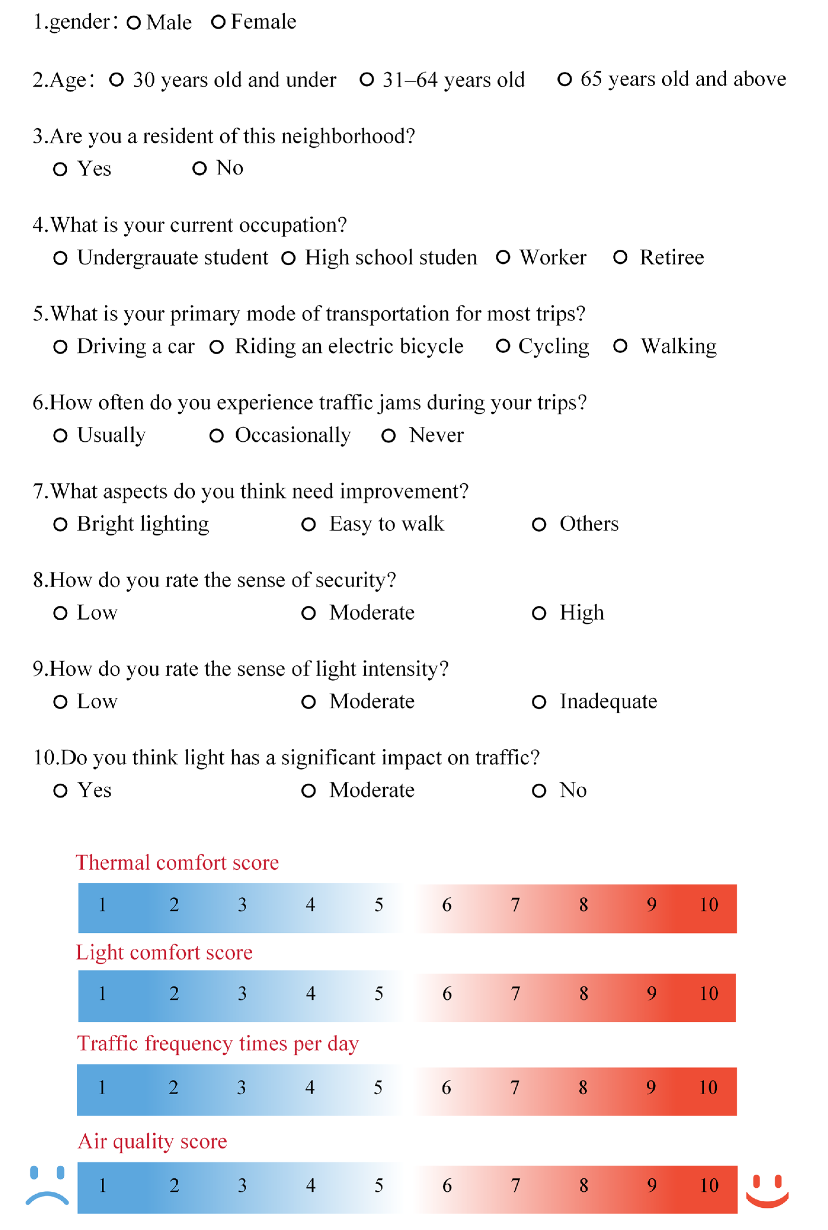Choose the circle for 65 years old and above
(564, 79)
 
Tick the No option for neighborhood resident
(199, 168)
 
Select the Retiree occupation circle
(620, 258)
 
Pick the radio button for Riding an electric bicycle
(216, 347)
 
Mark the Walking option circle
(620, 346)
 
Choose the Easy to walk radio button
(308, 524)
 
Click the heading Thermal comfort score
(177, 862)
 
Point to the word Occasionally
(293, 435)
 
